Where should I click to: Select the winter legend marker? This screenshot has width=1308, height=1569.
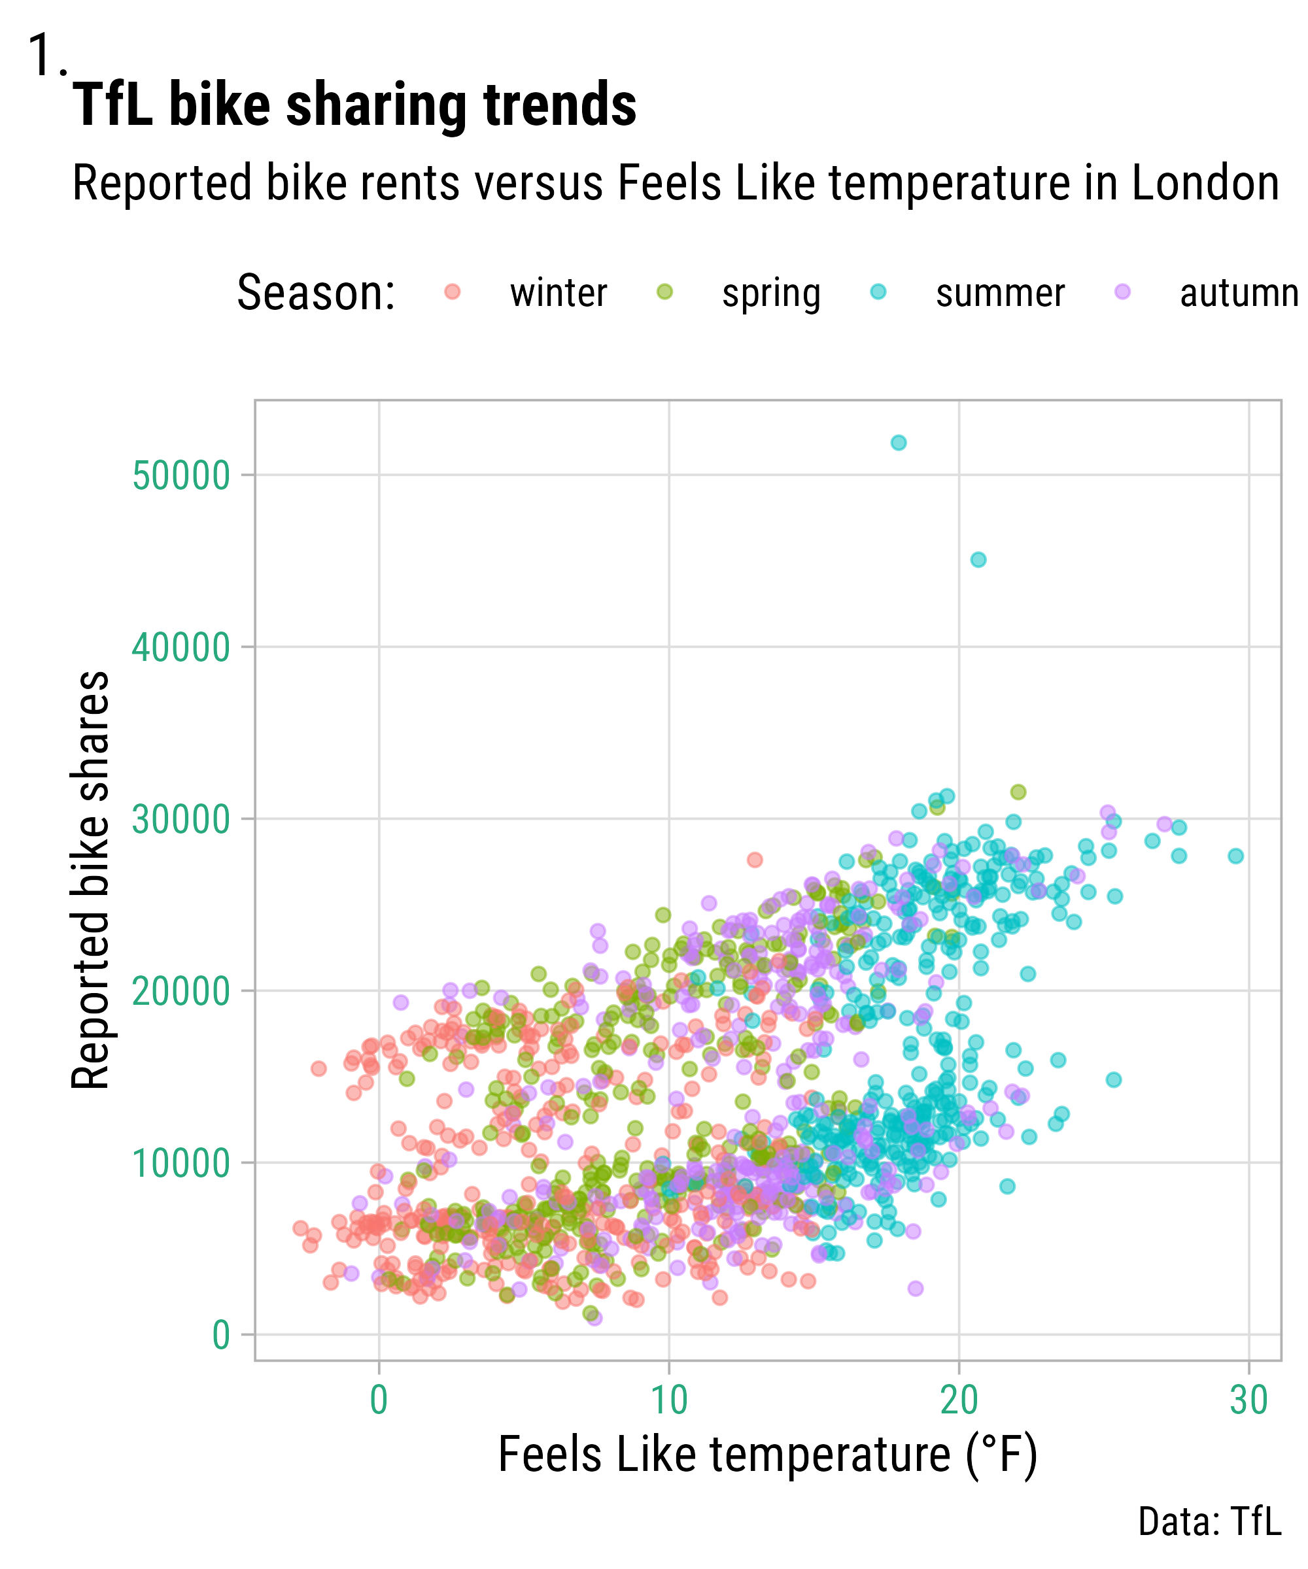pyautogui.click(x=452, y=292)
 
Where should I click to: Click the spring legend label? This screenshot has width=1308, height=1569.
pyautogui.click(x=770, y=294)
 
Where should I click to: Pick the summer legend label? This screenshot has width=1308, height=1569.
pyautogui.click(x=999, y=294)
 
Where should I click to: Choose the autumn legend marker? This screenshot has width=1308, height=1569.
pyautogui.click(x=1122, y=292)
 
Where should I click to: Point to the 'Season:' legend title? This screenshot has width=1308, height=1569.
pyautogui.click(x=315, y=293)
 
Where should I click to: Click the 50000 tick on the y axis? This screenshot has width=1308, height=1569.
pyautogui.click(x=181, y=476)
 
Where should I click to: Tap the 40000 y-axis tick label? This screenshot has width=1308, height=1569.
pyautogui.click(x=181, y=648)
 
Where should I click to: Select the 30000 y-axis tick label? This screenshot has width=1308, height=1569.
pyautogui.click(x=181, y=820)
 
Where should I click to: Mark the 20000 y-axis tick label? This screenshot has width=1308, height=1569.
pyautogui.click(x=181, y=992)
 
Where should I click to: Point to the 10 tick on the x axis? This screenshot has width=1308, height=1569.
pyautogui.click(x=669, y=1401)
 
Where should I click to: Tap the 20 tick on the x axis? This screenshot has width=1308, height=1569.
pyautogui.click(x=959, y=1401)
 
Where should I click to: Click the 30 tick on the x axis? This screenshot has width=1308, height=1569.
pyautogui.click(x=1249, y=1401)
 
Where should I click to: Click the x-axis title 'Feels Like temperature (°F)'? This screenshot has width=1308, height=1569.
pyautogui.click(x=768, y=1455)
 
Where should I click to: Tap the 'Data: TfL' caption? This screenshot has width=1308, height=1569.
pyautogui.click(x=1209, y=1522)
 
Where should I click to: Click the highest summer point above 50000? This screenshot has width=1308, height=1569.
pyautogui.click(x=899, y=443)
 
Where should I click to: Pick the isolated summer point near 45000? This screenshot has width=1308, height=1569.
pyautogui.click(x=978, y=560)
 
